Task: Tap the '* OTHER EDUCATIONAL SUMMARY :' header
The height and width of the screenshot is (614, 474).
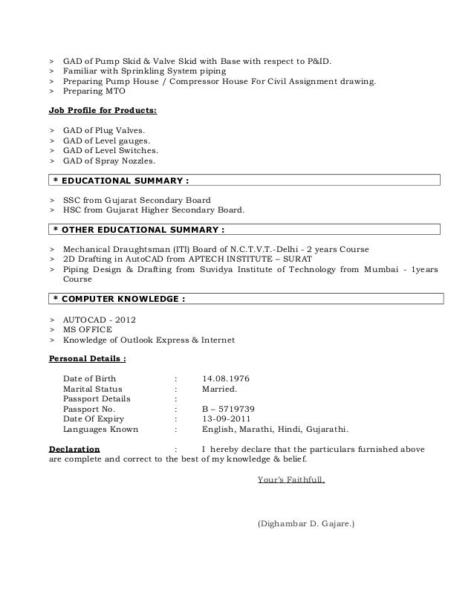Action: click(x=244, y=227)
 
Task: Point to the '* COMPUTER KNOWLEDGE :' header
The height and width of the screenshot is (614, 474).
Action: click(x=244, y=299)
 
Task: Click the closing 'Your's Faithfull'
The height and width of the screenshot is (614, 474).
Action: click(x=290, y=479)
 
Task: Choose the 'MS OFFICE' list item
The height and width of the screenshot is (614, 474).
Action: click(x=88, y=329)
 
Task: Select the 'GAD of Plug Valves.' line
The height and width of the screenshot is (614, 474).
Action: click(x=104, y=130)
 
